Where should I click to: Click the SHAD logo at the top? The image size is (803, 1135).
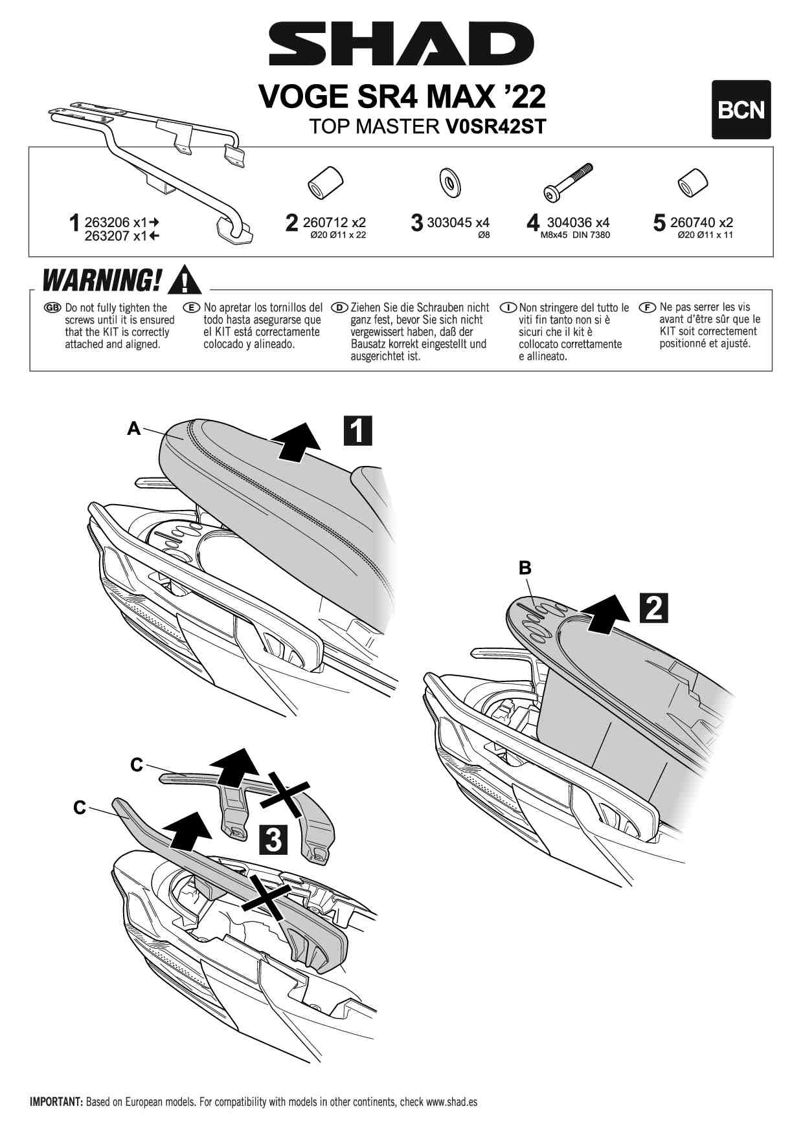point(401,44)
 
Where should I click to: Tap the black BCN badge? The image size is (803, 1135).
point(741,110)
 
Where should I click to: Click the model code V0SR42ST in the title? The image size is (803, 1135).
point(495,126)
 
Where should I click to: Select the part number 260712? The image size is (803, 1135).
point(326,223)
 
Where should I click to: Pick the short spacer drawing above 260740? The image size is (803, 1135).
point(692,183)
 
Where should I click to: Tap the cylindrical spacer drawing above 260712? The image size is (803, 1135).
point(325,182)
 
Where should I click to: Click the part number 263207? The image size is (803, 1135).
point(107,236)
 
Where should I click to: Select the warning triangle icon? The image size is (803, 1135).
point(185,280)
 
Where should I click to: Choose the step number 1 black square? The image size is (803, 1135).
point(357,430)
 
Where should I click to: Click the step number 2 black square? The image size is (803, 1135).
point(653,608)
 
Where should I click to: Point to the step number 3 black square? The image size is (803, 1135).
point(273,839)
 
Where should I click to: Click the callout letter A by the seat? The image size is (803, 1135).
point(133,428)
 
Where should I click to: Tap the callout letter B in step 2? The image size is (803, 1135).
point(525,568)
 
